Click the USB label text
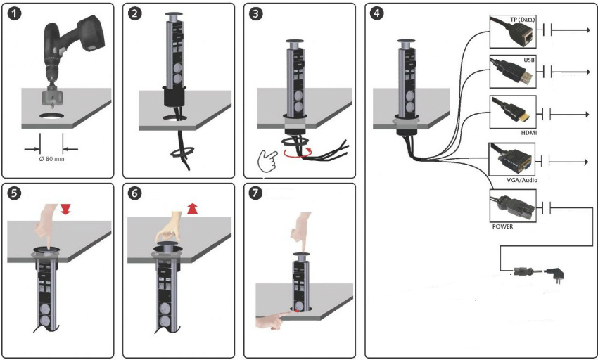coord(528,60)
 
